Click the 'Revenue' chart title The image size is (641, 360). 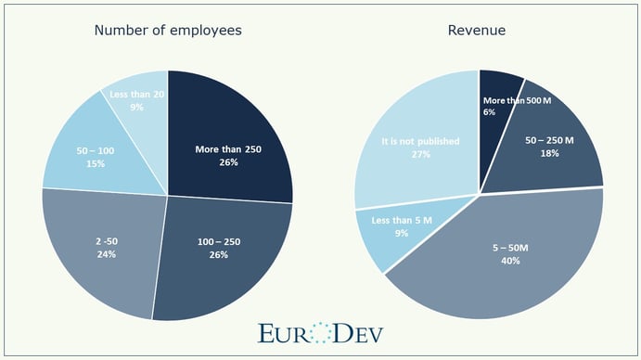click(479, 30)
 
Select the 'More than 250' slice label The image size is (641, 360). click(229, 148)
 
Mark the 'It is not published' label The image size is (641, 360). click(415, 142)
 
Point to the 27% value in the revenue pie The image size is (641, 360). click(415, 155)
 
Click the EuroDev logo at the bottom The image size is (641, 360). click(320, 333)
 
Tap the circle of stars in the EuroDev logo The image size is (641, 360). click(319, 333)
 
